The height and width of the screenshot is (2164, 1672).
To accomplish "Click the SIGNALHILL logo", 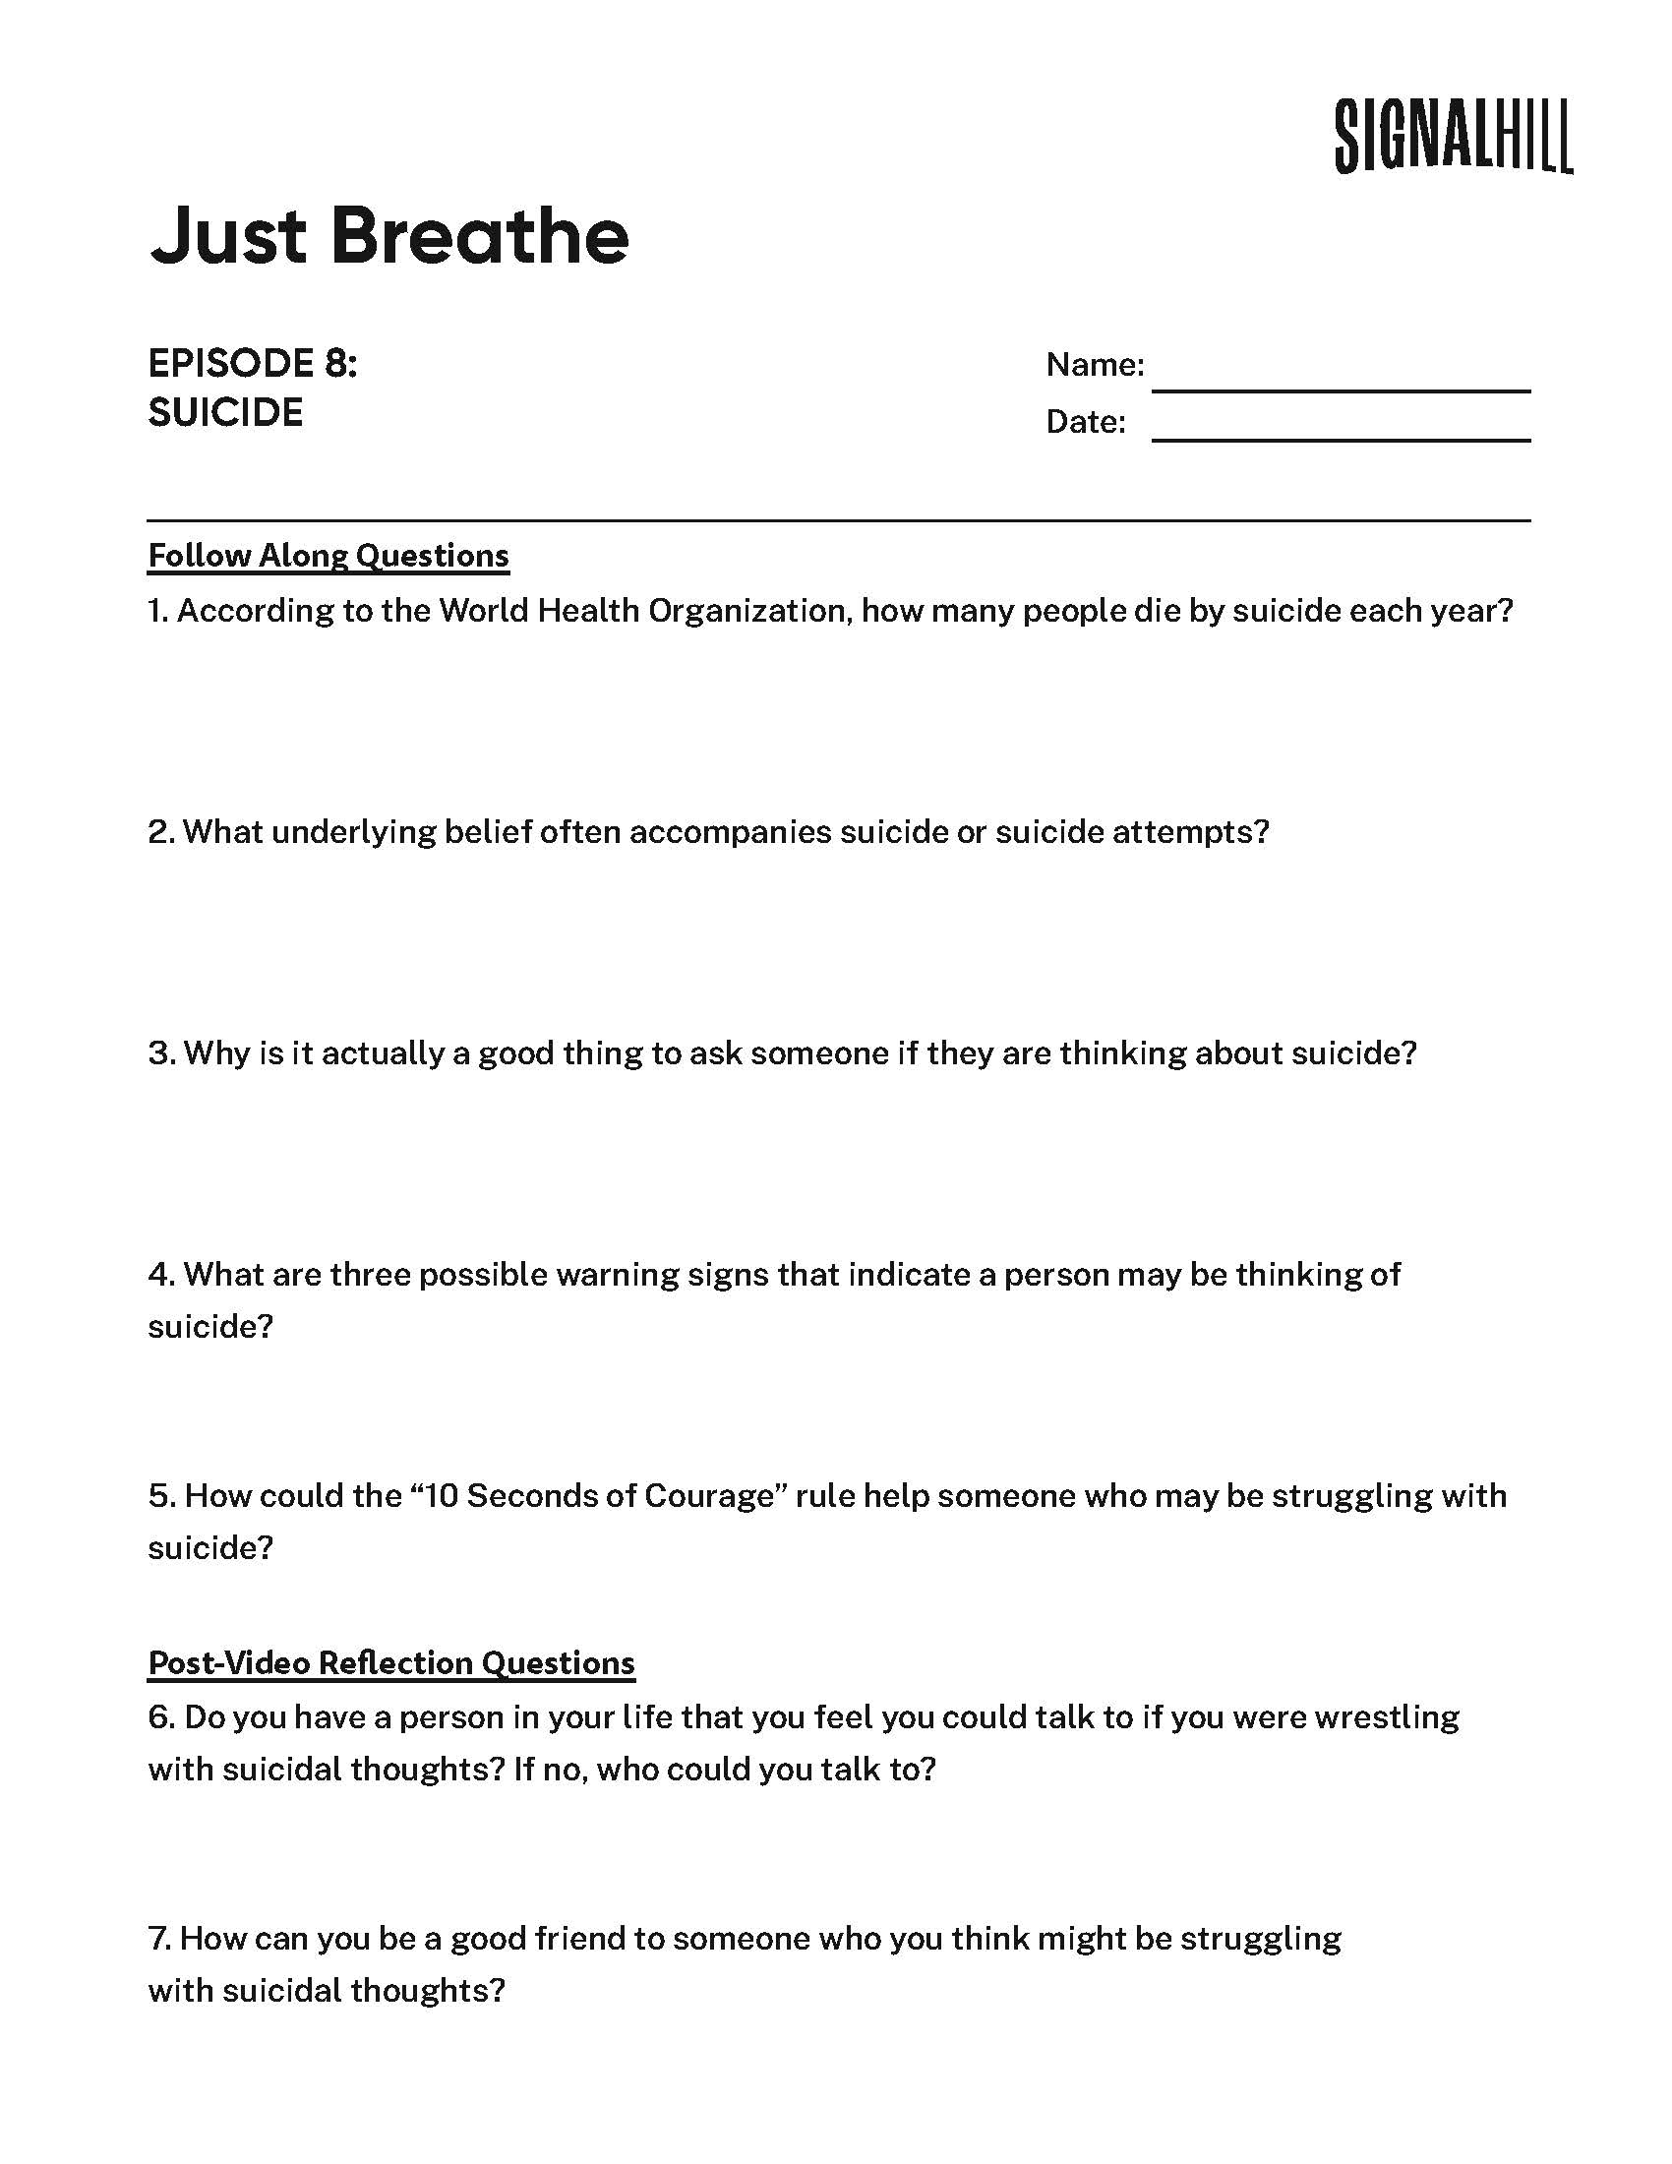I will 1452,137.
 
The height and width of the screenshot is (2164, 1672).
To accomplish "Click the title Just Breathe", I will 389,237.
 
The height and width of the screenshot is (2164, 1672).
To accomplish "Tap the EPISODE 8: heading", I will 253,364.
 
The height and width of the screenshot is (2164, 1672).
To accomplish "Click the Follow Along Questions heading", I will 328,556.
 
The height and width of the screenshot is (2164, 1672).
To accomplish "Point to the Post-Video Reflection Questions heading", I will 391,1662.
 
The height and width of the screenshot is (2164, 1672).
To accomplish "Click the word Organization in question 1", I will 749,611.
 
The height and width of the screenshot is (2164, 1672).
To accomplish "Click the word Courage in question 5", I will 708,1495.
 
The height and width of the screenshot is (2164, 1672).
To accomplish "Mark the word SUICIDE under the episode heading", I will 225,413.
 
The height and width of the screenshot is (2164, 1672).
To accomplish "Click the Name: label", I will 1095,366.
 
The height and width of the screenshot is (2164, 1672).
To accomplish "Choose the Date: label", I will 1086,423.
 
